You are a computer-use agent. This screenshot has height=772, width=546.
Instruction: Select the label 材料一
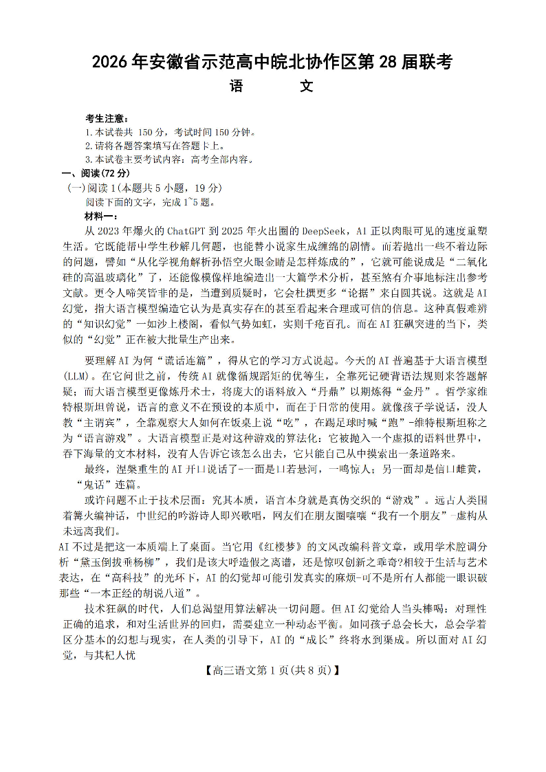tap(100, 217)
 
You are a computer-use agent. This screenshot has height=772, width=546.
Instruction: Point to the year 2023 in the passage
tap(113, 232)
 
